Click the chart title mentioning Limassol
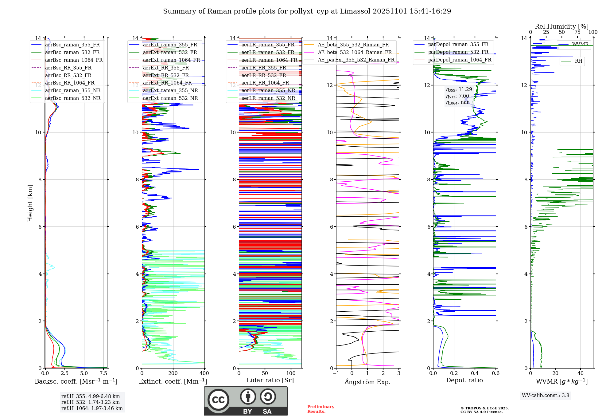(307, 11)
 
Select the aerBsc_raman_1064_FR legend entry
(74, 60)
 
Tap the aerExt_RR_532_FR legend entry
(166, 75)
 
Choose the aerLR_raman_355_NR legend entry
(268, 90)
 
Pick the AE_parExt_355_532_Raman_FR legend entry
(356, 60)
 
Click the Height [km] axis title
(30, 203)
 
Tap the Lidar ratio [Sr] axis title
(270, 380)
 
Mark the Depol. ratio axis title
(464, 380)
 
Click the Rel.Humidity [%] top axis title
(562, 26)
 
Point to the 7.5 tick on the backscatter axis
(103, 373)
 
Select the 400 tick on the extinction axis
(204, 373)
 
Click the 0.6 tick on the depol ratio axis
(495, 373)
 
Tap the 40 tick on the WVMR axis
(580, 373)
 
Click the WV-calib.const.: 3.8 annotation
(545, 396)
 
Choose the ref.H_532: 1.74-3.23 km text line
(91, 402)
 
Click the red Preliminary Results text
(321, 409)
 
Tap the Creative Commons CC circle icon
(218, 400)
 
